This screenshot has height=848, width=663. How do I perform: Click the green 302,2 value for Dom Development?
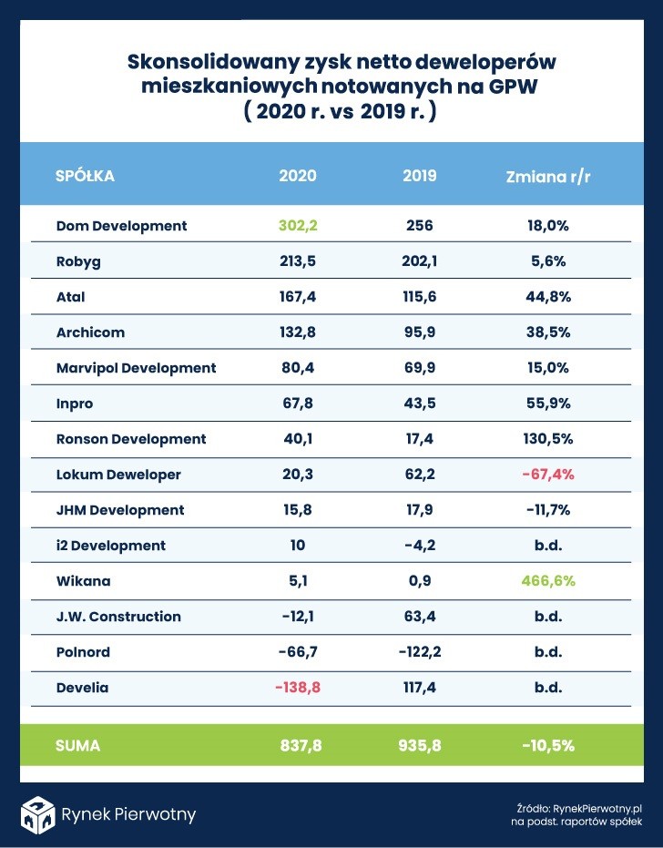(298, 226)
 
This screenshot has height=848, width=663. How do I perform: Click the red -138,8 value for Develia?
(298, 688)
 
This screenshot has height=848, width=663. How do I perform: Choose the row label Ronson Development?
(131, 439)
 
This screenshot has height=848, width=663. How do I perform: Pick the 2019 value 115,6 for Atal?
(419, 297)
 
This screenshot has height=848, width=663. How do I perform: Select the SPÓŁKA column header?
(85, 176)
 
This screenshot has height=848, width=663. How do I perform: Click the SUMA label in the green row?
(77, 745)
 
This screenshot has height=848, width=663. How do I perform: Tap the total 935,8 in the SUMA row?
(419, 745)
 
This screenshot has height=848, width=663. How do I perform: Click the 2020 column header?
(298, 176)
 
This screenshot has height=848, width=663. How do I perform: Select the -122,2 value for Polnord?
(419, 652)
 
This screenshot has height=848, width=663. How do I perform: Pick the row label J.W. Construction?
(118, 617)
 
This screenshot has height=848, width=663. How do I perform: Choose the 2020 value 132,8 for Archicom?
(298, 332)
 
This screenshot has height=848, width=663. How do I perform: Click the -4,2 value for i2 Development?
(419, 546)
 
